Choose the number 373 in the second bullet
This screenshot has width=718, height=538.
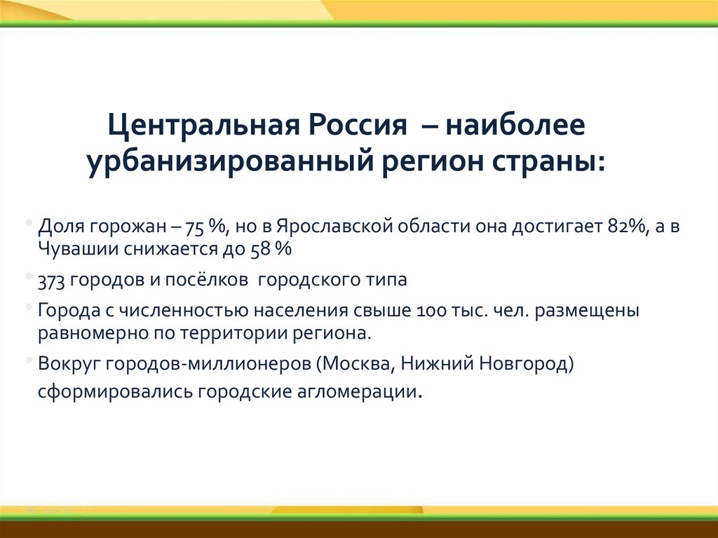pos(52,280)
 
